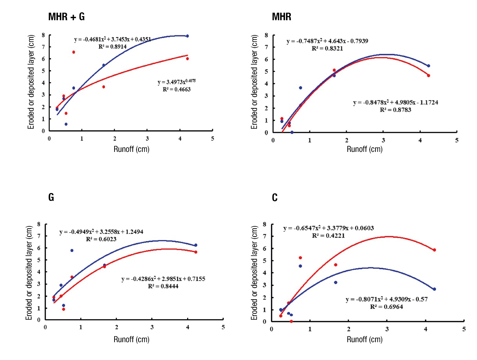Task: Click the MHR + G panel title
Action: tap(66, 16)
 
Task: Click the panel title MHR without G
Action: tap(281, 16)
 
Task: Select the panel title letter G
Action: tap(51, 197)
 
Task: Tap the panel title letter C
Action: tap(274, 197)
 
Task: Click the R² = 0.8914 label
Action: tap(112, 47)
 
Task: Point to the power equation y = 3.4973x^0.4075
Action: tap(177, 82)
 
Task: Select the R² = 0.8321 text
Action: tap(327, 48)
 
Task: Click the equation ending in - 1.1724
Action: tap(395, 102)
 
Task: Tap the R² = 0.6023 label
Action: tap(101, 239)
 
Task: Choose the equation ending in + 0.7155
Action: tap(163, 279)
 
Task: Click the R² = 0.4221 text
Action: tap(328, 236)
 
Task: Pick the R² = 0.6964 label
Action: tap(386, 307)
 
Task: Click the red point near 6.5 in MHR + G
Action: tap(74, 52)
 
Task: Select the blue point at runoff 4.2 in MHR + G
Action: tap(187, 36)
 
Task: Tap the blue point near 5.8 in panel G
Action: tap(72, 250)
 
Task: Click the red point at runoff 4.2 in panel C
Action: tap(434, 250)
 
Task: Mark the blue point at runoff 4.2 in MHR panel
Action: tap(428, 66)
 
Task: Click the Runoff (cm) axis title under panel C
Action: tap(365, 339)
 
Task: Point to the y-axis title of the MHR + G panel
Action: tap(31, 82)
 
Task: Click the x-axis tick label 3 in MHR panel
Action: tap(383, 140)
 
